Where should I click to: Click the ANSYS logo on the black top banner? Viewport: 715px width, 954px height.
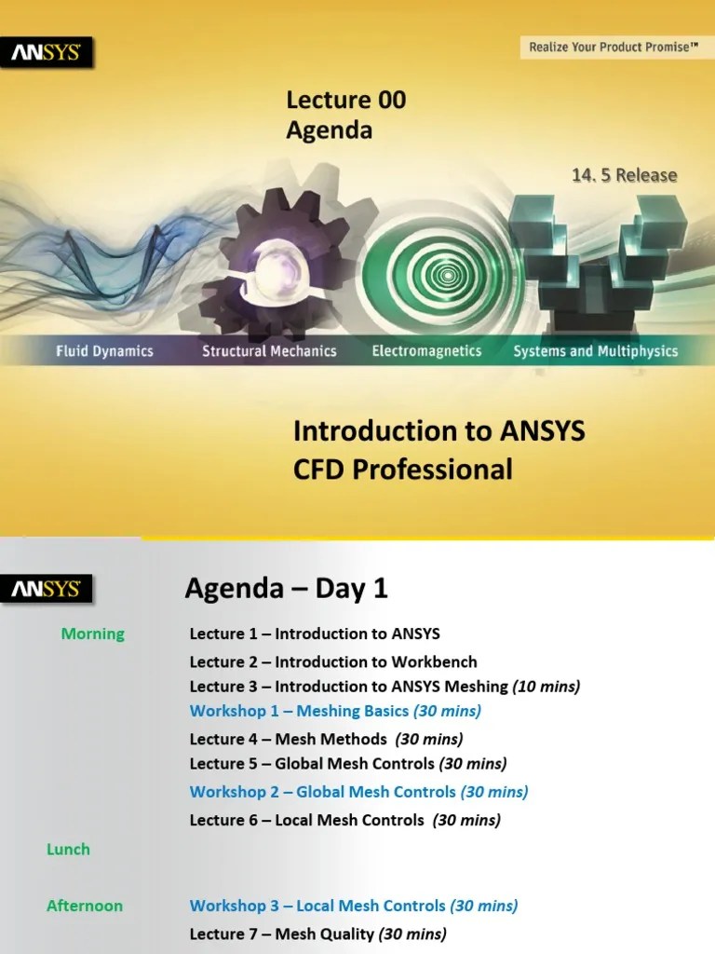pos(47,53)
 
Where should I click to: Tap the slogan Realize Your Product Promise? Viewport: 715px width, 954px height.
pos(614,46)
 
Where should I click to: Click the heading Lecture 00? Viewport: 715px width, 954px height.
pos(345,101)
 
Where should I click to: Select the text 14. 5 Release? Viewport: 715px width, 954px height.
pos(624,175)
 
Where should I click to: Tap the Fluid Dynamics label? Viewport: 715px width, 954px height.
pos(103,351)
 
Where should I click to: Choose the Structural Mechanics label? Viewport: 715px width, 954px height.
pos(269,351)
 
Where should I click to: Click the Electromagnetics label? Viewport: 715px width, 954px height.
pos(426,351)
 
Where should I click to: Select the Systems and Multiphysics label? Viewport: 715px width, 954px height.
pos(596,351)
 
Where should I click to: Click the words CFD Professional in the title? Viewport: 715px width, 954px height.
pos(403,469)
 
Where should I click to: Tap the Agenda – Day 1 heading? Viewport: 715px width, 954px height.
pos(286,589)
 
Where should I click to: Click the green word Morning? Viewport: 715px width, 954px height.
pos(92,634)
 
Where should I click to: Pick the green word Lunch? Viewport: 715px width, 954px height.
pos(68,849)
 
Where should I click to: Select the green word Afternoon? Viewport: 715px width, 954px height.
pos(85,905)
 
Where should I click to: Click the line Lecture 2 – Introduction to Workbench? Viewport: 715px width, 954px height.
pos(333,661)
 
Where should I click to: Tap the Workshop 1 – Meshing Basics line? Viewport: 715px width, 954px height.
pos(335,711)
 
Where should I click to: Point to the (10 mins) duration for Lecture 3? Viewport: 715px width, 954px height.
pos(546,687)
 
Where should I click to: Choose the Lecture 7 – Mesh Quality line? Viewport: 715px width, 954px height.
pos(317,934)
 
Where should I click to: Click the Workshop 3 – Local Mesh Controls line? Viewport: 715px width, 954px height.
pos(354,906)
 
